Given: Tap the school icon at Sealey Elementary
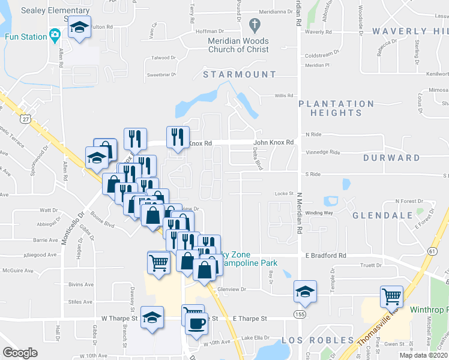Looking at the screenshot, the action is point(78,29).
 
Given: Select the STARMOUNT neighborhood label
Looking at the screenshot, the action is point(240,74).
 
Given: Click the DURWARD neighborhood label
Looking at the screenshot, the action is point(391,158).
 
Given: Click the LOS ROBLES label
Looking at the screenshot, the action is point(319,340).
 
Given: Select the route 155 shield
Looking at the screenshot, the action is point(298,314).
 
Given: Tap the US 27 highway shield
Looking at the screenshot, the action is point(25,119).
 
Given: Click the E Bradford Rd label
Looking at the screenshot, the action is point(326,256).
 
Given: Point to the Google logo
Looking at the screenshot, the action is point(20,353).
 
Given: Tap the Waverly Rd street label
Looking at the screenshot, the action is point(318,32).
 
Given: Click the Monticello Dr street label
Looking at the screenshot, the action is point(82,228).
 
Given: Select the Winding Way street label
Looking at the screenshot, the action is point(319,213).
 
